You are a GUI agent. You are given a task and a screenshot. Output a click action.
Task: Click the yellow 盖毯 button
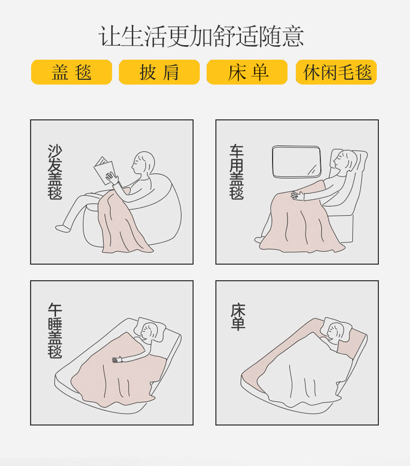(71, 72)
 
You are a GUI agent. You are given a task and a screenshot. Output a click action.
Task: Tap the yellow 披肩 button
(159, 72)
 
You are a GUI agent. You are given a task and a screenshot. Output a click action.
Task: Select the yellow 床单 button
(247, 72)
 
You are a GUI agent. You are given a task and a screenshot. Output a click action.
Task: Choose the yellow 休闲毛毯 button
(336, 72)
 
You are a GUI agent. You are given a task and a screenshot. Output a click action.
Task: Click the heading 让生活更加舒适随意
(201, 36)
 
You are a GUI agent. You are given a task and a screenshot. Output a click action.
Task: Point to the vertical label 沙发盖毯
(55, 172)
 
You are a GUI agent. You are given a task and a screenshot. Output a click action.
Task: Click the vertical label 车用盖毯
(237, 172)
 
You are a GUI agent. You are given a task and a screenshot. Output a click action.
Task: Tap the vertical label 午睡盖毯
(55, 331)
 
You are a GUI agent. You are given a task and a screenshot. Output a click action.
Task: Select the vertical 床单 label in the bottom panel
(238, 317)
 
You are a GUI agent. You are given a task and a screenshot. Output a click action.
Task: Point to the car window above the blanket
(296, 162)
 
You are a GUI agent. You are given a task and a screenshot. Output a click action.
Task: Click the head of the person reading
(143, 163)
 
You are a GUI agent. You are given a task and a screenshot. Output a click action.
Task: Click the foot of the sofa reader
(63, 228)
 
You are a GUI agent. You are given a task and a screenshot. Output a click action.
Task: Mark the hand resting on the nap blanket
(117, 360)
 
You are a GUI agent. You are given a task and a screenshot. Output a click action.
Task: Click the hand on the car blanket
(297, 195)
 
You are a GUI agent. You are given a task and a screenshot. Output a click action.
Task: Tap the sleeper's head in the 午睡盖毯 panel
(149, 331)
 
